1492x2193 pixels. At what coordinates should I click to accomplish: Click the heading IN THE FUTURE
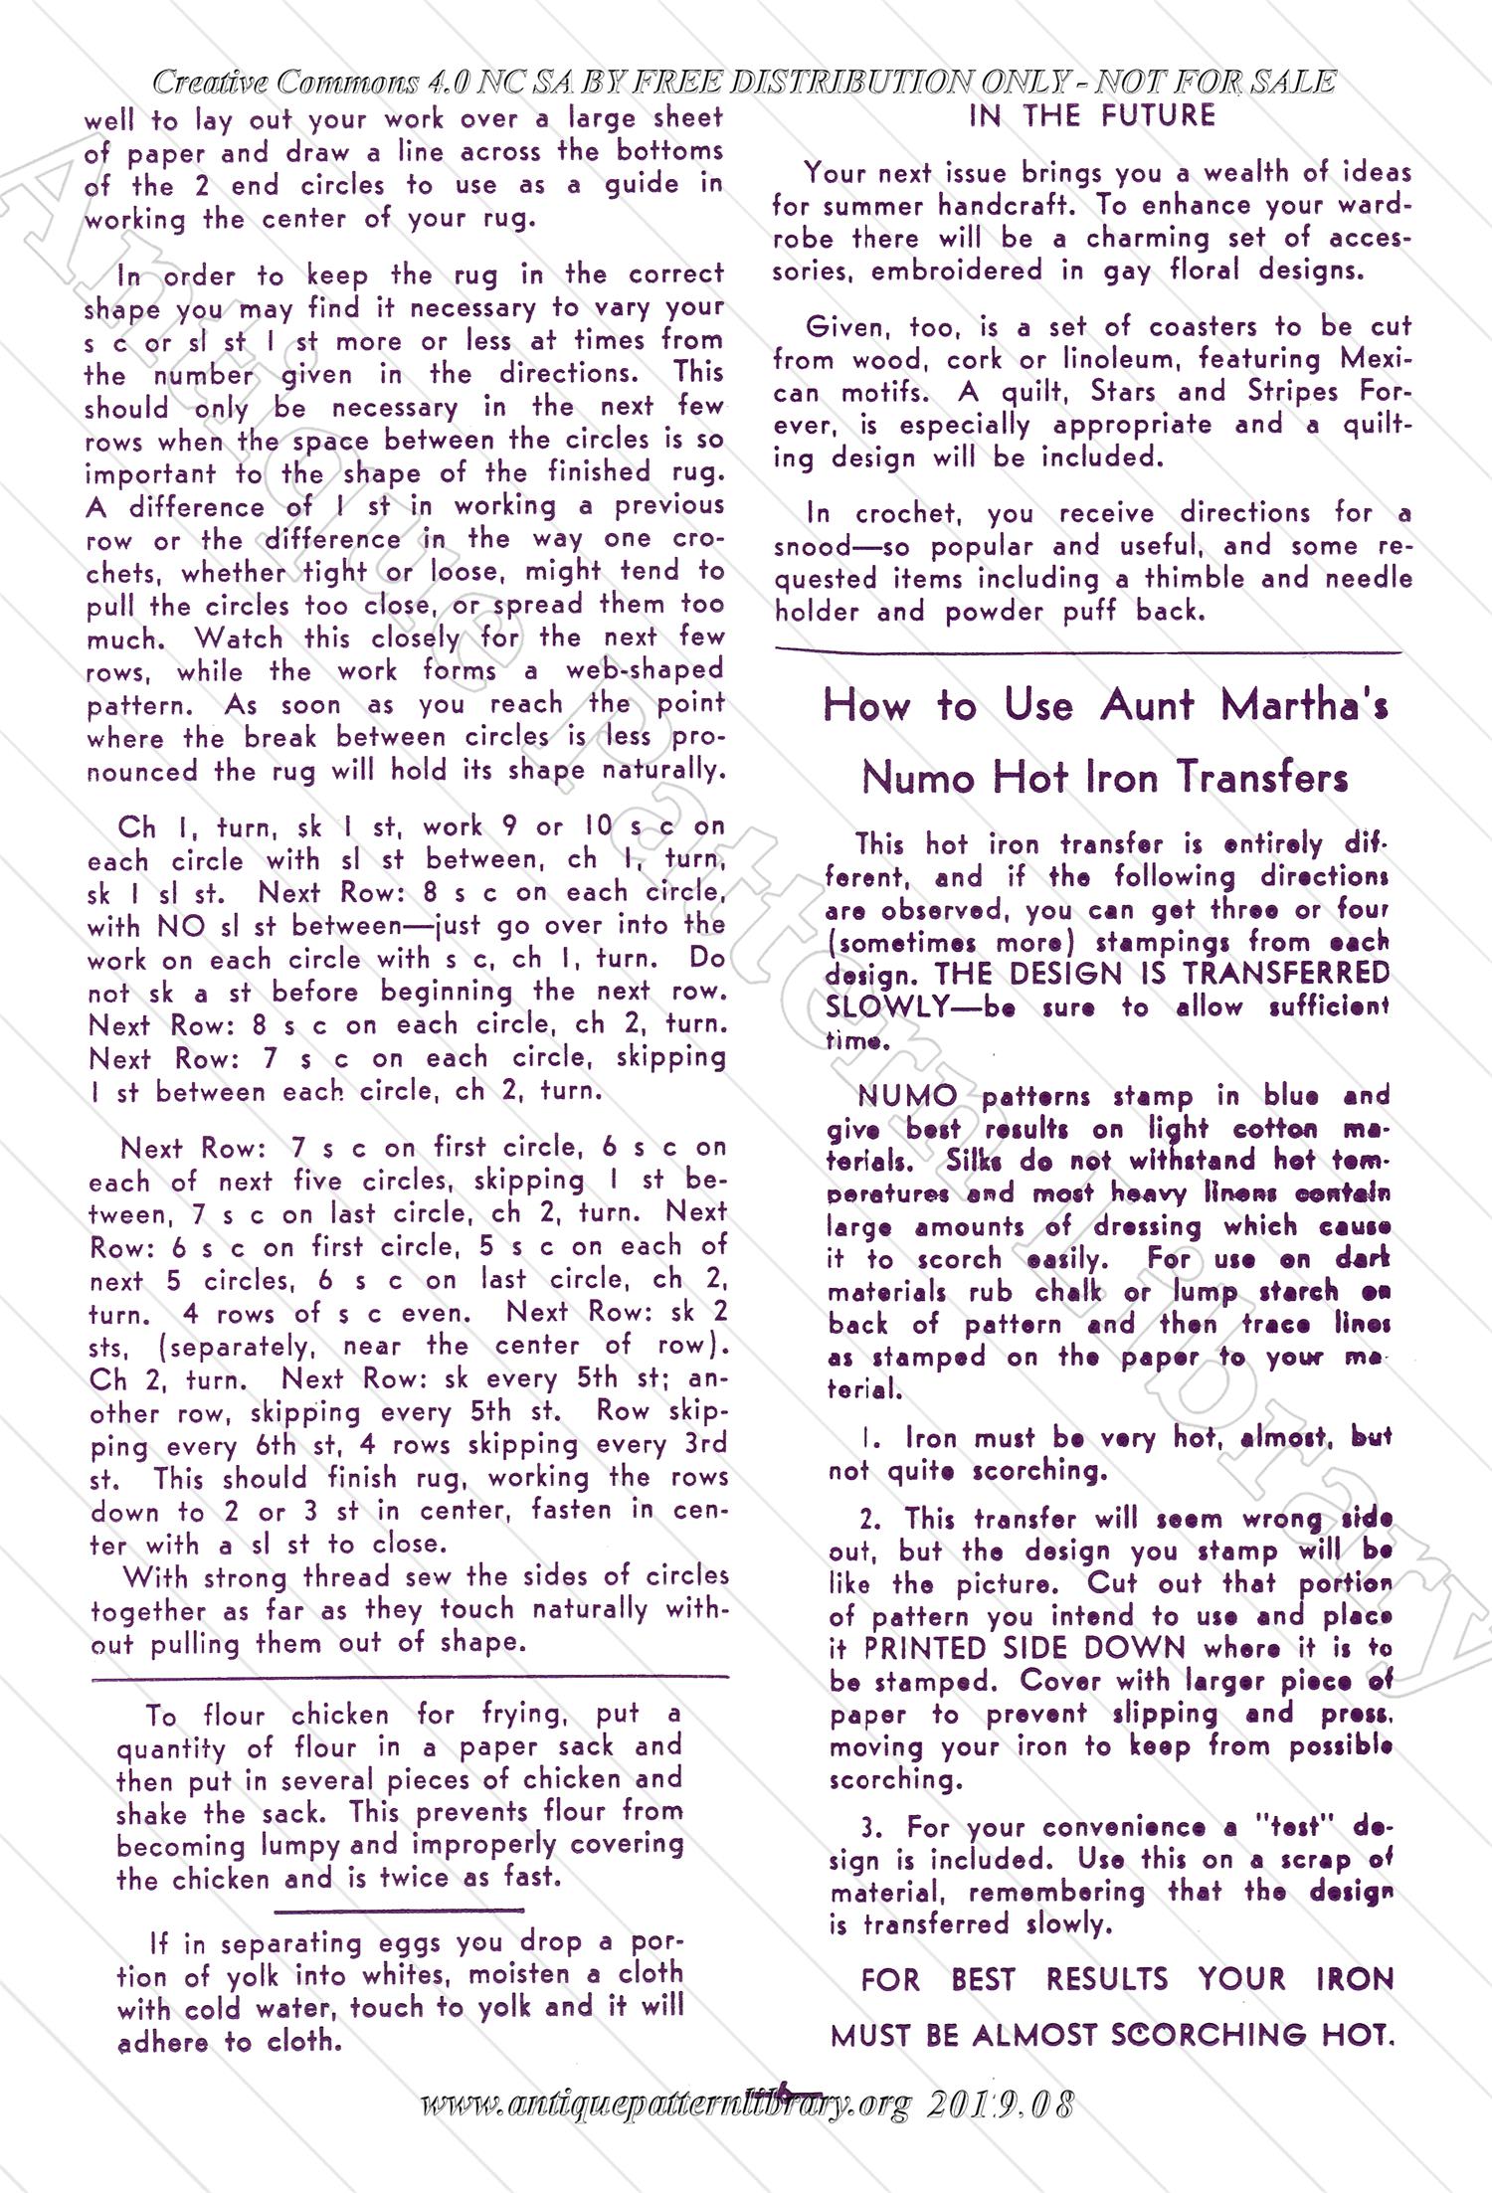(1091, 116)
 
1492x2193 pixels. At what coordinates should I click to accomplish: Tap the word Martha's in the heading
(1304, 706)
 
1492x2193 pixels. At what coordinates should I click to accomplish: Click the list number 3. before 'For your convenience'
(871, 1827)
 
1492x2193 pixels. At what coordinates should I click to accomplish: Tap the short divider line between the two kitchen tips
(398, 1911)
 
